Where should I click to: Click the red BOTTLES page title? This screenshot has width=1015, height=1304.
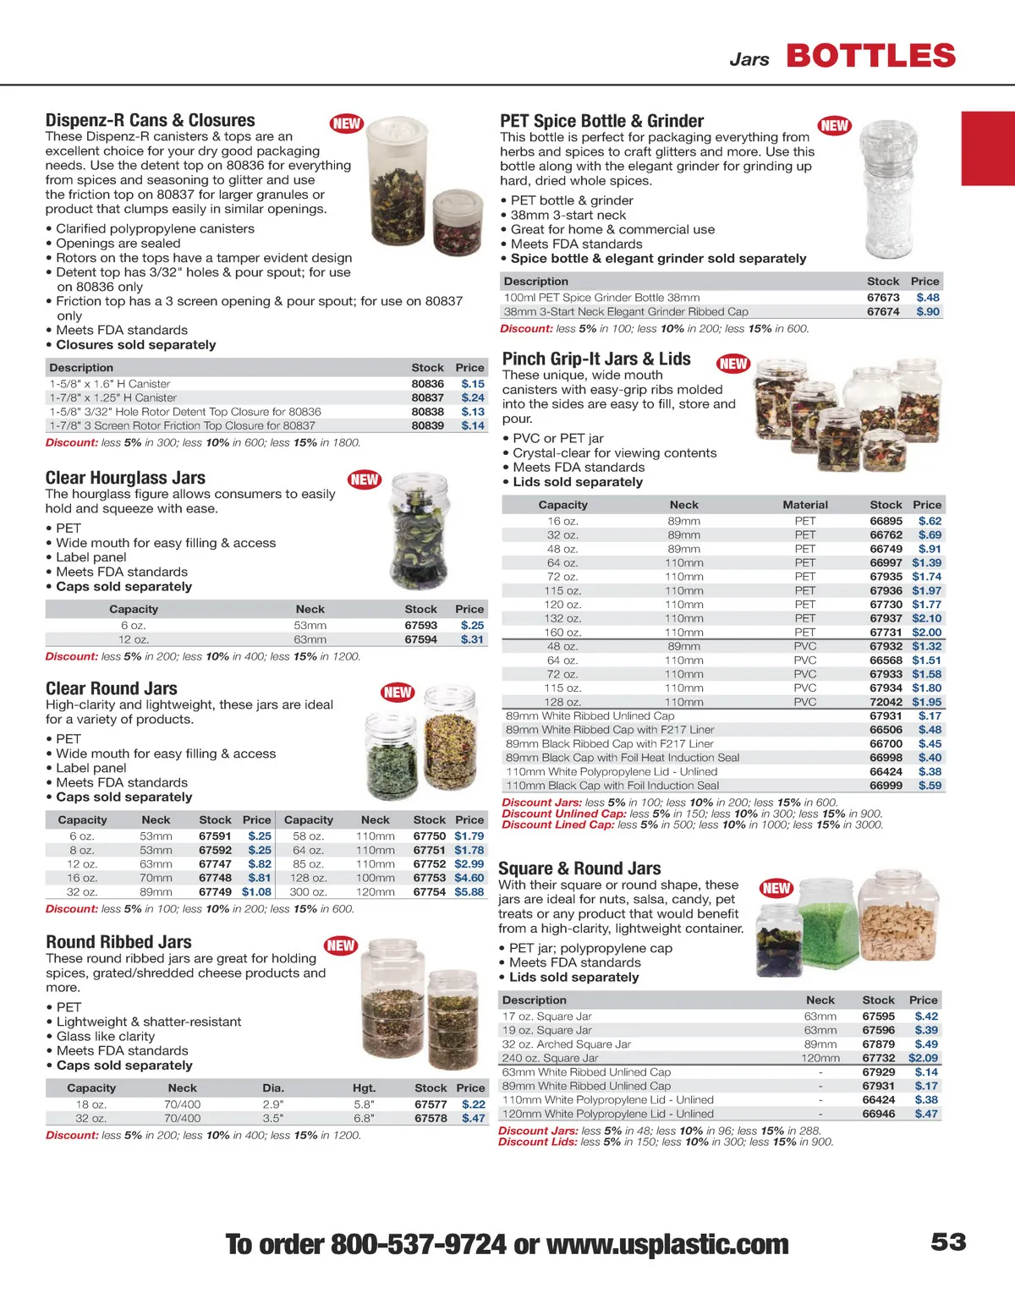pos(870,57)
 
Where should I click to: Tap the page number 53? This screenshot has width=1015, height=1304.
pos(948,1241)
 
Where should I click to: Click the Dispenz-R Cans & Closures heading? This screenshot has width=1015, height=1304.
pos(150,120)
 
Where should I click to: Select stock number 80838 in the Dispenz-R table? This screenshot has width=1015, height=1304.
pos(427,412)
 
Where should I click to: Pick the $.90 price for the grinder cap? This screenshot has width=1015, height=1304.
pos(927,311)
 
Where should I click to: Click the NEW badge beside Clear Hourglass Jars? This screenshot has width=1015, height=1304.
pos(365,479)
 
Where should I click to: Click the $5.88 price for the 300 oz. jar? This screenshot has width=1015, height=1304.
pos(469,891)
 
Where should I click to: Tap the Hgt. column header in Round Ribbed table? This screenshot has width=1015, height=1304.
pos(364,1088)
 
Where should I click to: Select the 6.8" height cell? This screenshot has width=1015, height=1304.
pos(364,1118)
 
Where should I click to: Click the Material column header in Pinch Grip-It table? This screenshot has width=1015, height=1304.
pos(804,504)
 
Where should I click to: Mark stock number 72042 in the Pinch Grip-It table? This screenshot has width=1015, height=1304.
pos(886,702)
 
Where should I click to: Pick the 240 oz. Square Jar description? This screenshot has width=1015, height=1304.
pos(550,1058)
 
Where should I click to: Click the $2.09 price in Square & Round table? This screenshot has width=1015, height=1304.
pos(923,1058)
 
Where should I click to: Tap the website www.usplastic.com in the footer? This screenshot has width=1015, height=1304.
pos(667,1244)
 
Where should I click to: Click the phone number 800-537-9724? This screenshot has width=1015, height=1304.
pos(418,1244)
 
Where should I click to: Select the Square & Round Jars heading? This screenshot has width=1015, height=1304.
pos(579,868)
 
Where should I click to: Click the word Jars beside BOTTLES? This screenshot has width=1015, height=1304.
pos(749,59)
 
